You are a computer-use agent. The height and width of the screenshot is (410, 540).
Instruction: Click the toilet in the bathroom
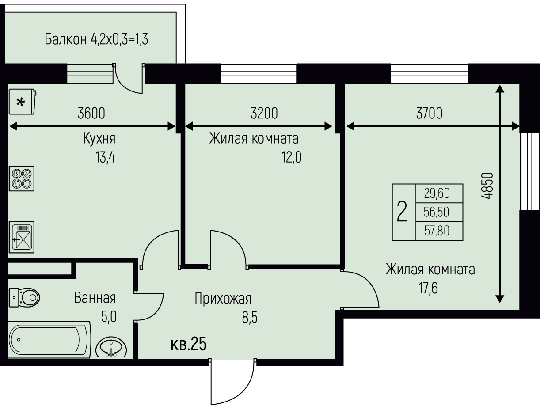pos(24,297)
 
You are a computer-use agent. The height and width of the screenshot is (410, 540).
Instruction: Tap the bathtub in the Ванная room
pos(49,340)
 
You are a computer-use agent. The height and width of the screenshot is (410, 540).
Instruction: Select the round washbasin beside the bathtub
pos(111,347)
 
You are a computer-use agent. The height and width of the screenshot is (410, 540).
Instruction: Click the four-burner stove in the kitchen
pos(22,178)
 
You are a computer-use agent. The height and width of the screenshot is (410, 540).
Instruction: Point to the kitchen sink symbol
pos(22,237)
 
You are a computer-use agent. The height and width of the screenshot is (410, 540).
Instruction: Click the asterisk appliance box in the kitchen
pos(23,102)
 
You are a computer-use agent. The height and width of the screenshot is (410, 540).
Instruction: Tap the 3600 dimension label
pos(91,113)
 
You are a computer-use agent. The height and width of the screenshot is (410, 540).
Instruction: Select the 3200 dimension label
pos(264,113)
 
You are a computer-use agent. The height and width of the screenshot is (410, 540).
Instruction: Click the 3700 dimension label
pos(429,113)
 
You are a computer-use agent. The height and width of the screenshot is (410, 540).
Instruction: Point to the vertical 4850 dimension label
pos(487,186)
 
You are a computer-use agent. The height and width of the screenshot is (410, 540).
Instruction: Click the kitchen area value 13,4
pos(105,157)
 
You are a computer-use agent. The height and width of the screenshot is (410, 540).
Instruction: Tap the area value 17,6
pos(428,288)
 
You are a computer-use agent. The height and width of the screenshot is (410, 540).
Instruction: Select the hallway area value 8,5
pos(250,318)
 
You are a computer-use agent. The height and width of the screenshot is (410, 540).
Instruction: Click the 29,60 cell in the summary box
pos(437,194)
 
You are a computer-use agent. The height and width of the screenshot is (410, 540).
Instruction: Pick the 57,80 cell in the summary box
pos(437,231)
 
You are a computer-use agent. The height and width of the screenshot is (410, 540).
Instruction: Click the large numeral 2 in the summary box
pos(402,212)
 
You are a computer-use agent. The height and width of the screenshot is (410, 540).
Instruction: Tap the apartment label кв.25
pos(188,344)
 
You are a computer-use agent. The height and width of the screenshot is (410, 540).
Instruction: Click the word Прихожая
pos(223,299)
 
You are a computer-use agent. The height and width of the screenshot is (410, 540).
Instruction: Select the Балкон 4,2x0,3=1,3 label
pos(96,40)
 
